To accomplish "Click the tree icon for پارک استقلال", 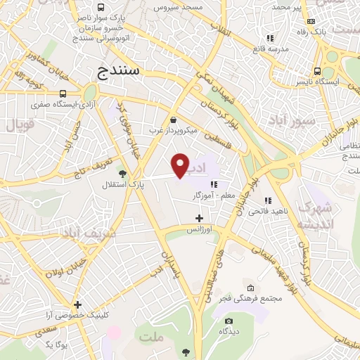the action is [123, 173].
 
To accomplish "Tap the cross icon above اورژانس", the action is [199, 218].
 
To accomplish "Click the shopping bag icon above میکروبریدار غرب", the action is [174, 119].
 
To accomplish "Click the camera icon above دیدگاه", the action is [229, 321].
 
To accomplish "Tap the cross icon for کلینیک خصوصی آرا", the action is [77, 304].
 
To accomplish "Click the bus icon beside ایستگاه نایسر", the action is [317, 71].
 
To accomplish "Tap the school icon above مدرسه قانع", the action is [269, 38].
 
